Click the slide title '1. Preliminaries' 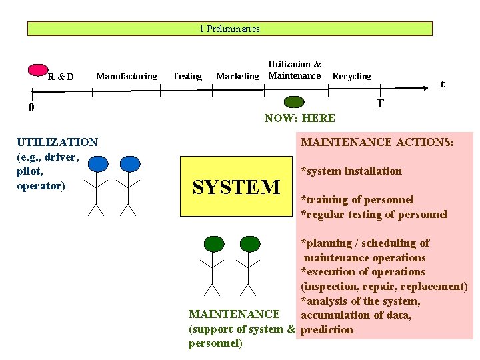(229, 29)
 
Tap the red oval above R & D (39, 69)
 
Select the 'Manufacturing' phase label (127, 76)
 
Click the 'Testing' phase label (187, 76)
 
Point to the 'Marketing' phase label (237, 76)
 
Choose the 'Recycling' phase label (351, 76)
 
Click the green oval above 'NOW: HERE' (293, 102)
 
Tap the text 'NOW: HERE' (299, 118)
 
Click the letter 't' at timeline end (441, 83)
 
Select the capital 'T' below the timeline (380, 103)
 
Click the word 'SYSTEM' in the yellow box (236, 187)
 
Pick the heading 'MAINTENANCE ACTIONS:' (377, 142)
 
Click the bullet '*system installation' (351, 171)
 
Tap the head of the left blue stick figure (97, 163)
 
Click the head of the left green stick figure (213, 243)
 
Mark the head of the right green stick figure (249, 243)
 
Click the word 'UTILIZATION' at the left (57, 142)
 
